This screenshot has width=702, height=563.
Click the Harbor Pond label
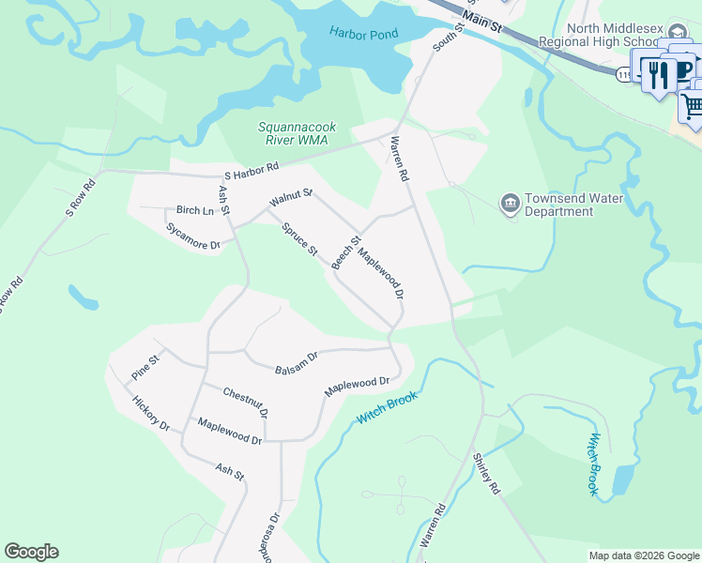click(363, 34)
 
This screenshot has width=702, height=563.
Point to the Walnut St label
click(289, 198)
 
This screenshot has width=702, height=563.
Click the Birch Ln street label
click(195, 210)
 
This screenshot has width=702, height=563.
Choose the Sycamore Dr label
click(192, 236)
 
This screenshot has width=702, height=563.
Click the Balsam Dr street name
click(297, 361)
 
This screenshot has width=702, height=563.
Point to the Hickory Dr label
click(151, 412)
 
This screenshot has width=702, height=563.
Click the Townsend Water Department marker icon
click(511, 202)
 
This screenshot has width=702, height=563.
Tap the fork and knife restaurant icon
click(660, 72)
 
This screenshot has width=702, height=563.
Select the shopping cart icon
click(693, 107)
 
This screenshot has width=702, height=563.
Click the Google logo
click(31, 552)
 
